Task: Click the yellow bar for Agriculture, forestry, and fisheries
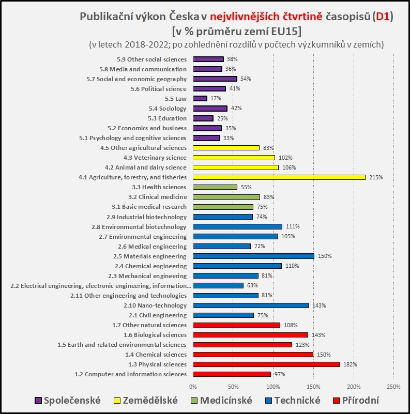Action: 279,177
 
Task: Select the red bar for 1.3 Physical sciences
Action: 266,364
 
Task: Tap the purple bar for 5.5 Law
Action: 200,98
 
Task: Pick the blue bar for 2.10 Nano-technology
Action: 251,305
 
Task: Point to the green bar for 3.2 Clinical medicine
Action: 226,197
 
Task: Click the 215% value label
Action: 376,177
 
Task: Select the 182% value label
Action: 350,364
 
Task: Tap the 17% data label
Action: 216,98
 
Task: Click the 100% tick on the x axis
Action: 274,386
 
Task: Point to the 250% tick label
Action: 393,386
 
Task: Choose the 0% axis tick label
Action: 193,386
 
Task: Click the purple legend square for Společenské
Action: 38,401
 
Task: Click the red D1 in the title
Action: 383,17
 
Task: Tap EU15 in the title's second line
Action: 281,30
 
